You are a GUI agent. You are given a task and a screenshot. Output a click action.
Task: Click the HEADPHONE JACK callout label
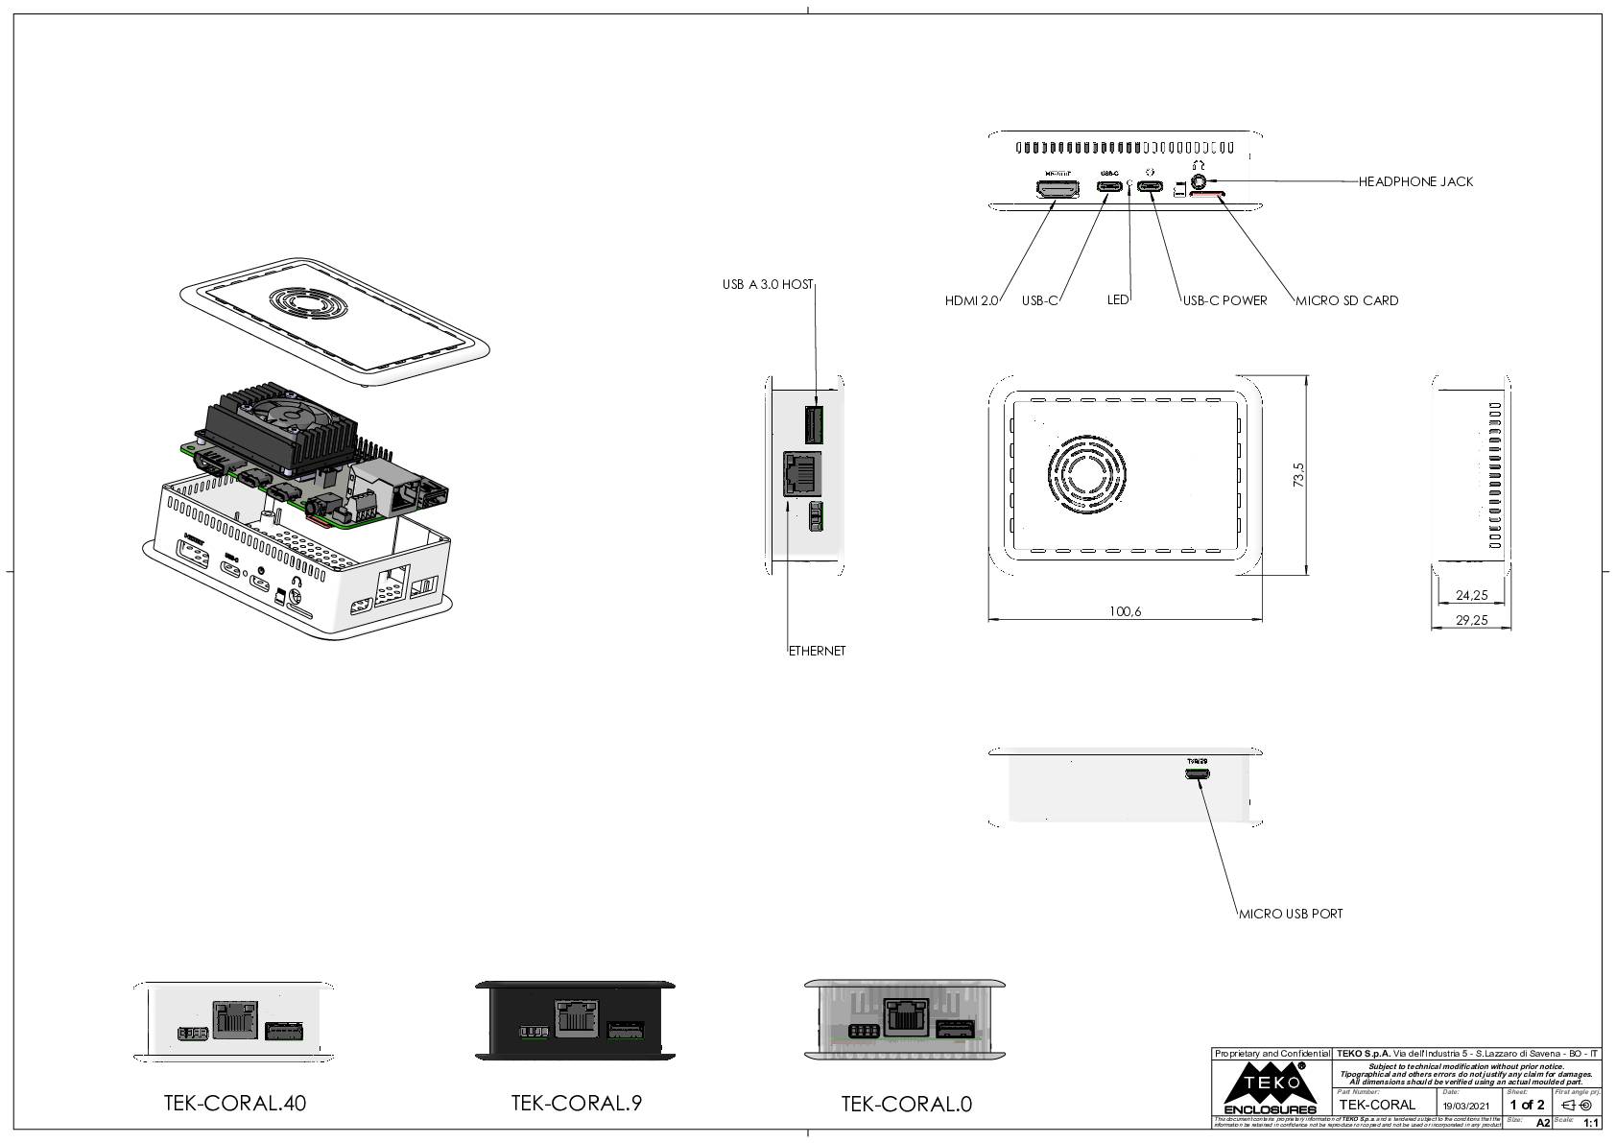click(1415, 181)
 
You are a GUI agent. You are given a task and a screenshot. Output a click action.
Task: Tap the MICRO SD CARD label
click(1346, 300)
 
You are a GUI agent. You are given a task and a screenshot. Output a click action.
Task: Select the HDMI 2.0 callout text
click(971, 300)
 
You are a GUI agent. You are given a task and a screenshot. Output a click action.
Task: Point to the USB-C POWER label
click(1224, 300)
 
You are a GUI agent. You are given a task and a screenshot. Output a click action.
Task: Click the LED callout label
click(1118, 299)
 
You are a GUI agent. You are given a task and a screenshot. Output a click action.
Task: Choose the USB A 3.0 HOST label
click(768, 284)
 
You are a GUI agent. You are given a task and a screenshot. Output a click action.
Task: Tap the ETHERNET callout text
click(817, 651)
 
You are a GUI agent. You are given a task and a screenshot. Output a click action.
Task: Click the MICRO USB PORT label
click(1291, 914)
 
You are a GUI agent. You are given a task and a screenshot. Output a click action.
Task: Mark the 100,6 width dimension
click(1125, 611)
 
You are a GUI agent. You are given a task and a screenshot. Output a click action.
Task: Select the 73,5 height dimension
click(1299, 475)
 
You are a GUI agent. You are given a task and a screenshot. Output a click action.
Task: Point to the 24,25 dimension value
click(1471, 595)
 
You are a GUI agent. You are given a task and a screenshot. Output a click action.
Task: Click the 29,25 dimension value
click(1471, 620)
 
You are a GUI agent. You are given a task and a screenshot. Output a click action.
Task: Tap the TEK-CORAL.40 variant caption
click(235, 1103)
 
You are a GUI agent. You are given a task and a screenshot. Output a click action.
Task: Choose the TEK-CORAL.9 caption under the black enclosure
click(576, 1103)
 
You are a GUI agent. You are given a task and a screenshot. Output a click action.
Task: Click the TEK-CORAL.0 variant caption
click(906, 1104)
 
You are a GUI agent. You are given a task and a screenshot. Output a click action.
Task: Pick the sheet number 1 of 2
click(1527, 1105)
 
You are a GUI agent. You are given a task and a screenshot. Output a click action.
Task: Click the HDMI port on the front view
click(1058, 187)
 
